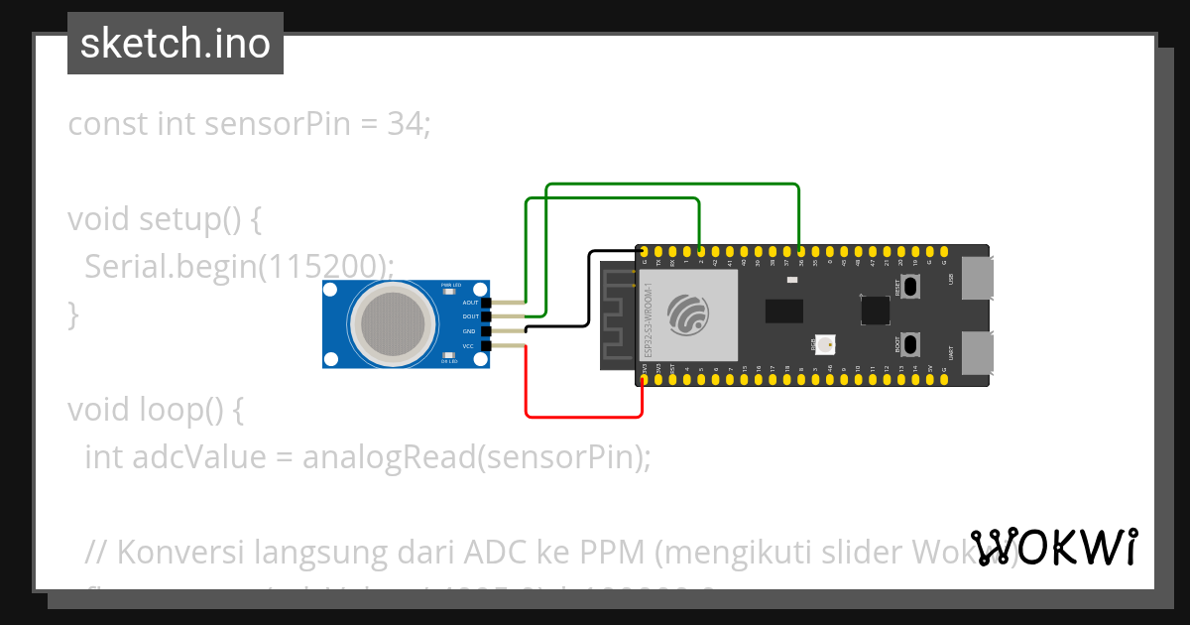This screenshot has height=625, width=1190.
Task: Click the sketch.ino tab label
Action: [x=176, y=44]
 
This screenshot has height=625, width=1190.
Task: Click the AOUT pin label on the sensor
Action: [x=470, y=302]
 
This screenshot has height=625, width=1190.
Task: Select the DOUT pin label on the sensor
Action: [x=470, y=316]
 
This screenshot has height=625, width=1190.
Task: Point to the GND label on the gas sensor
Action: [x=469, y=331]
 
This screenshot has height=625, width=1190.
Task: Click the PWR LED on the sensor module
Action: [x=448, y=291]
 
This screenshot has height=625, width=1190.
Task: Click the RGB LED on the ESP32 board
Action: [x=827, y=344]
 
